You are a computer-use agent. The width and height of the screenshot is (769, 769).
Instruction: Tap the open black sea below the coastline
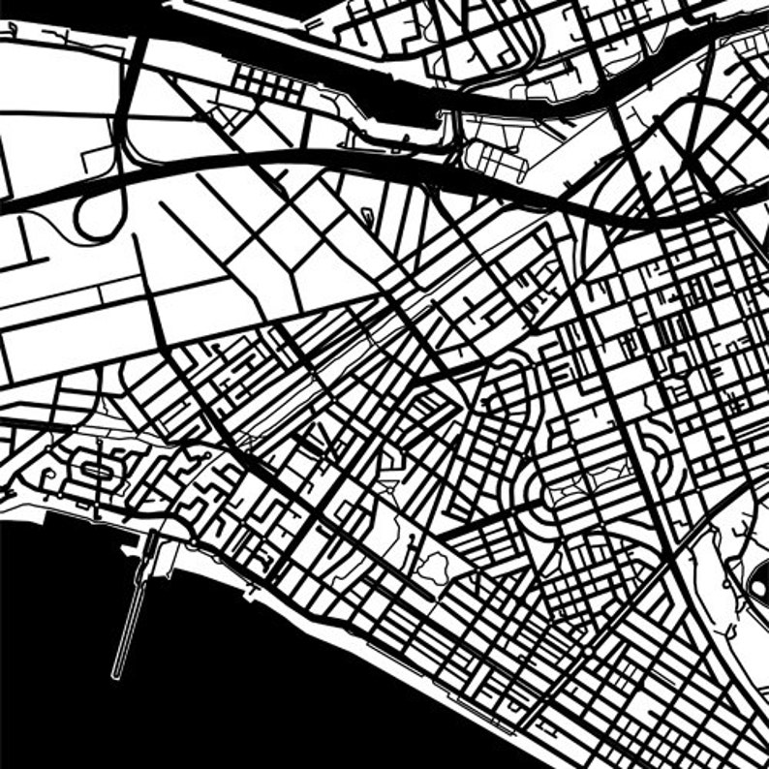coord(242,697)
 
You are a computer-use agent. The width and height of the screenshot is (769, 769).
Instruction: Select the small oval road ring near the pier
coord(96,470)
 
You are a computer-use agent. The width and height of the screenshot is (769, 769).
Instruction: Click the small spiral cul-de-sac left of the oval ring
coord(48,476)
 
